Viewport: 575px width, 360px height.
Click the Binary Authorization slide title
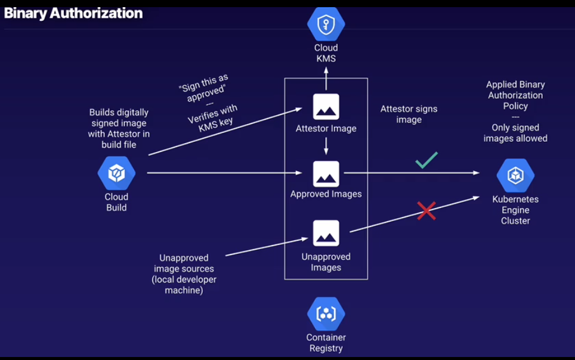[73, 13]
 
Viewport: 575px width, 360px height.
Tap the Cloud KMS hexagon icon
[326, 23]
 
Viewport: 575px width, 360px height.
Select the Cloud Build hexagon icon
[116, 173]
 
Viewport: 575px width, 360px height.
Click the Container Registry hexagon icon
[326, 314]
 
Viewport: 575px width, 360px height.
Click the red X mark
[426, 210]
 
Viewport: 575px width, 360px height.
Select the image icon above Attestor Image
[326, 107]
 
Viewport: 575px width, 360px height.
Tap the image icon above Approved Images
[326, 173]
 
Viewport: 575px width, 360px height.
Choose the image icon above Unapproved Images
[326, 233]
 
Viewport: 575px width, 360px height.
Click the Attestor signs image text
[409, 114]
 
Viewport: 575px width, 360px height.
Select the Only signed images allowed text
[515, 133]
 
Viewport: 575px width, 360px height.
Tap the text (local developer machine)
[184, 285]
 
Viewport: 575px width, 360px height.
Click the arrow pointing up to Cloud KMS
[326, 76]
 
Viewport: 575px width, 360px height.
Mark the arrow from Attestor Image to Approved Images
[326, 146]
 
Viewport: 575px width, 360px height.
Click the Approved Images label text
[326, 194]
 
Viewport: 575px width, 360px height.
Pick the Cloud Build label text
[116, 202]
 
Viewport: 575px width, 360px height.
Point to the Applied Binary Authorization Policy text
[515, 95]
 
